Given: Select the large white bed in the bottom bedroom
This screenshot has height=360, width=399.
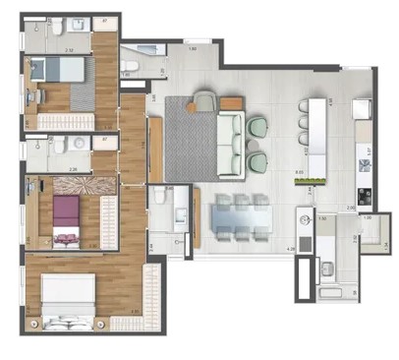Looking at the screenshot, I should coord(69,295).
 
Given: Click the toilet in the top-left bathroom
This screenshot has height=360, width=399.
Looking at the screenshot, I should coord(58,27).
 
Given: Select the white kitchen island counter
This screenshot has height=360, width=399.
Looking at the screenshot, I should coord(314,125).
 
